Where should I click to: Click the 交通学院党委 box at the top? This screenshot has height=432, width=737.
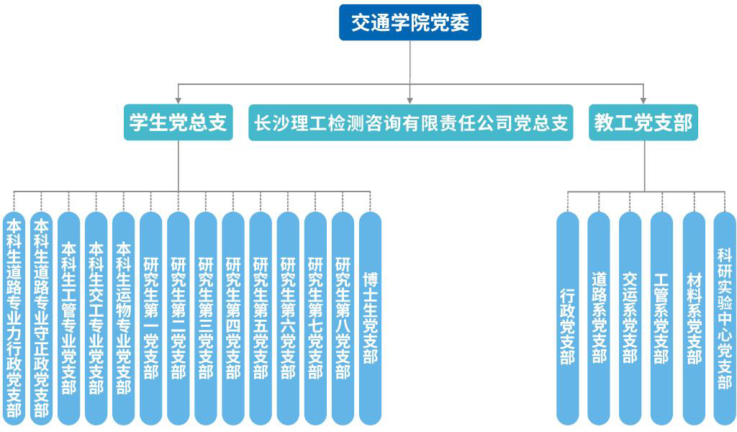410,23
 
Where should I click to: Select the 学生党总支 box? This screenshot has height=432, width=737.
178,123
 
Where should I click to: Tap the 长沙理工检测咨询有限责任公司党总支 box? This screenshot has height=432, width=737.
411,123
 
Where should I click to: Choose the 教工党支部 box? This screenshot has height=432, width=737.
643,123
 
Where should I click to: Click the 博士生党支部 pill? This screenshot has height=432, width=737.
370,318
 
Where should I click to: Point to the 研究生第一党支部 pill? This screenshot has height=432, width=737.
151,318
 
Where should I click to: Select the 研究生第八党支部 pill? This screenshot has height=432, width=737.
343,318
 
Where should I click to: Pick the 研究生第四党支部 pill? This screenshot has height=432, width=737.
233,318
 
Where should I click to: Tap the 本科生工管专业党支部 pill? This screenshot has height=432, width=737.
69,318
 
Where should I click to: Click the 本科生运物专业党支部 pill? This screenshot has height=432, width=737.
124,318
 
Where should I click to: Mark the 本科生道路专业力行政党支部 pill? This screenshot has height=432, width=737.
14,318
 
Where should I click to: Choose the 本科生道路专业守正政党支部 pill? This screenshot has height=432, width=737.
42,318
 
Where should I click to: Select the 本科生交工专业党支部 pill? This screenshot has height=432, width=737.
96,318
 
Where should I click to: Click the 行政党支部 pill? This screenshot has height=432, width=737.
568,318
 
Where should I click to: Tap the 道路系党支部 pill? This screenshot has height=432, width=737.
599,318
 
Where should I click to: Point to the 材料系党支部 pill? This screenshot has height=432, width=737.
694,318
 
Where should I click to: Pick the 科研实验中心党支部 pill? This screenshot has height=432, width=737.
725,318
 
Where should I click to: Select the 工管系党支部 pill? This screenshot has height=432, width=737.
661,318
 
